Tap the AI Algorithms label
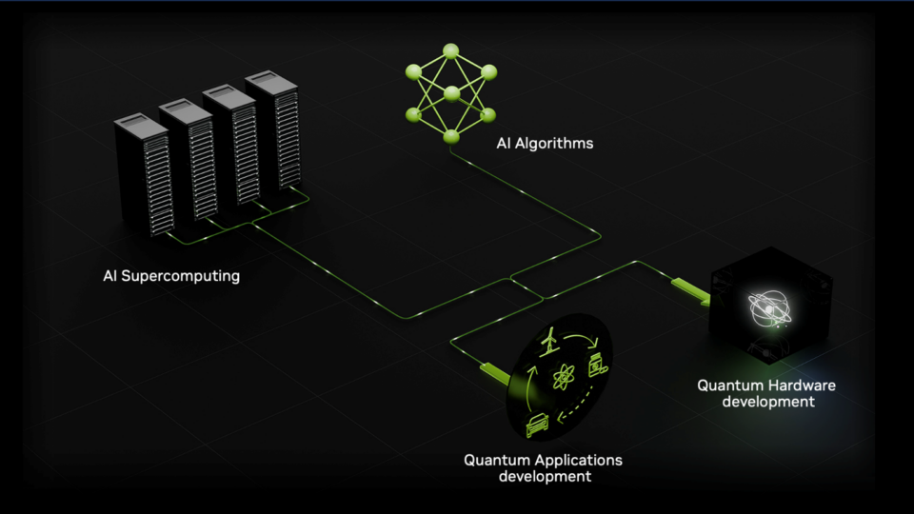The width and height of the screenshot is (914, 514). click(545, 144)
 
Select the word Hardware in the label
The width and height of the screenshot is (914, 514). click(805, 385)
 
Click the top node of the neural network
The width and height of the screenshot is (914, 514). click(450, 51)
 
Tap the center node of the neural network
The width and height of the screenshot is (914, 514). click(451, 93)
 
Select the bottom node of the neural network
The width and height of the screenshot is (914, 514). click(451, 137)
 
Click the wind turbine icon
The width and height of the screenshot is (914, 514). click(548, 342)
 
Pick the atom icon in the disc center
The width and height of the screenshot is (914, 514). click(564, 377)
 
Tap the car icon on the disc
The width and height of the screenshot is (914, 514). click(537, 425)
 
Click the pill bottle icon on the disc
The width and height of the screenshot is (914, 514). click(598, 366)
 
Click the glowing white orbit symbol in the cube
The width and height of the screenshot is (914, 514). click(769, 308)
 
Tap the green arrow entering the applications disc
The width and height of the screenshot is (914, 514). click(496, 373)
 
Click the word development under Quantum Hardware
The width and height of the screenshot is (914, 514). click(768, 402)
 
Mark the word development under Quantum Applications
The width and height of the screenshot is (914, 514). click(545, 476)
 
